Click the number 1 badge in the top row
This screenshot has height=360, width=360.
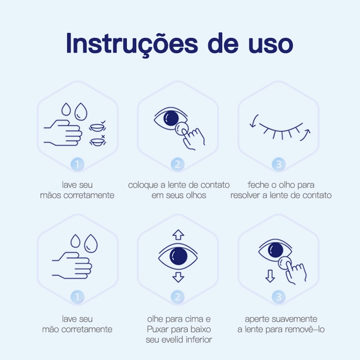[77, 164]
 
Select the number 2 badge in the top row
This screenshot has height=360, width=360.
[178, 164]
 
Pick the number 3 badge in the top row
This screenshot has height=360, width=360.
[279, 164]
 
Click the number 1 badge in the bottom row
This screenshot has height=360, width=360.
[77, 297]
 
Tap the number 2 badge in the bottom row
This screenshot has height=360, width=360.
[178, 297]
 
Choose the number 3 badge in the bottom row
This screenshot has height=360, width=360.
[279, 297]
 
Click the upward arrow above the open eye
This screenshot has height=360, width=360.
[178, 234]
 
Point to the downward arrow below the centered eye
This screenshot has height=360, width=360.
[178, 277]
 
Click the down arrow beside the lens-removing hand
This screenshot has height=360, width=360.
[270, 276]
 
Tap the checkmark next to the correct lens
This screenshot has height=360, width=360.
[103, 122]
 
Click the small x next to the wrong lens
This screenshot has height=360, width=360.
[103, 137]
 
